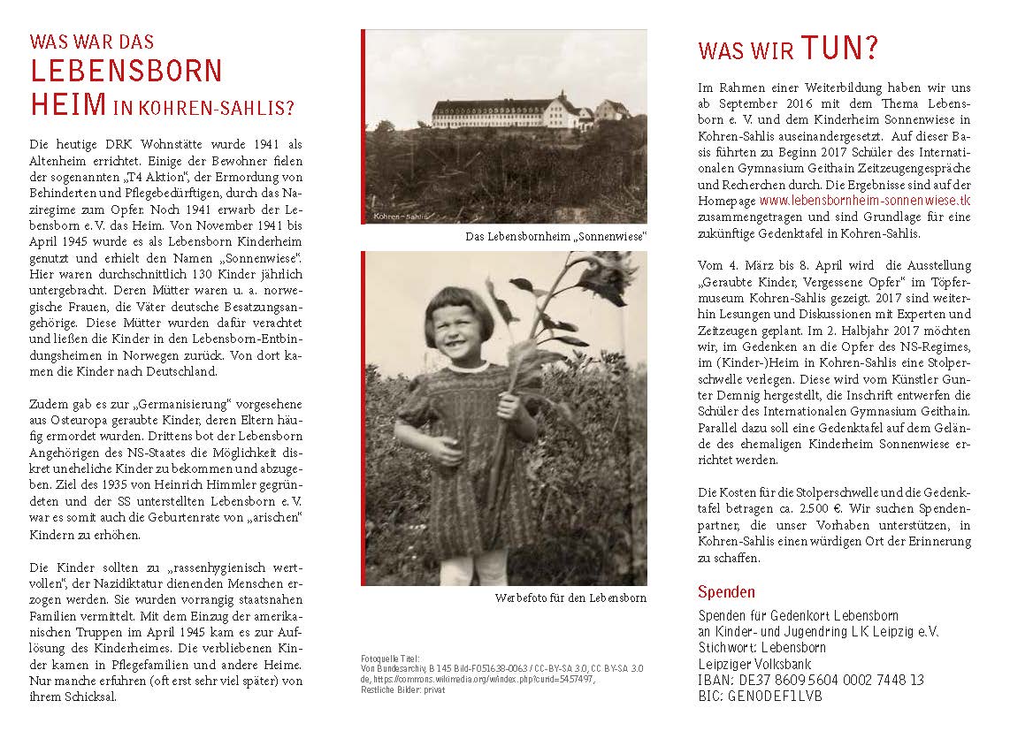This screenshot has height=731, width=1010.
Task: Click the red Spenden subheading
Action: click(x=726, y=592)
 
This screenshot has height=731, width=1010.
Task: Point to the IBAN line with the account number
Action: click(x=811, y=680)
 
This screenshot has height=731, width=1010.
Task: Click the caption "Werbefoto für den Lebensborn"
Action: click(x=570, y=598)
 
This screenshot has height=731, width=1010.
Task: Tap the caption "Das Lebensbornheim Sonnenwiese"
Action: click(x=555, y=237)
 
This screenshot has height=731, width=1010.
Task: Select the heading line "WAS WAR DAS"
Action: click(x=92, y=42)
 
